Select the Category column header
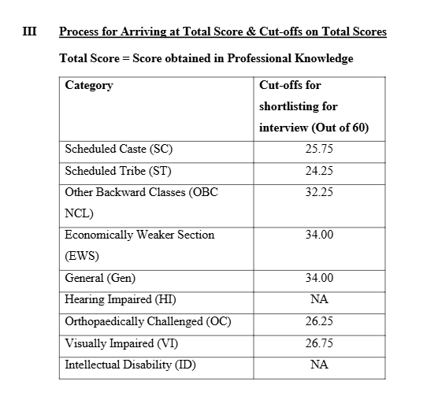point(89,85)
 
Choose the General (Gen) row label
point(100,278)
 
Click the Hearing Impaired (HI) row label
point(121,299)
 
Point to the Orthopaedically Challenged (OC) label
point(148,321)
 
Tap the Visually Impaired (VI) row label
point(121,343)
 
